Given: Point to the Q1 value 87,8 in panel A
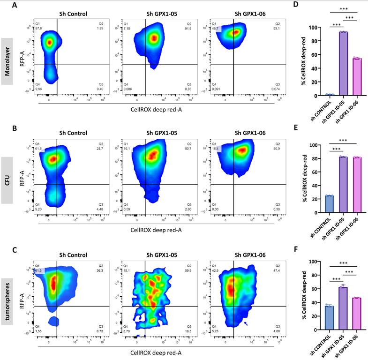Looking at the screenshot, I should tap(38, 28).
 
